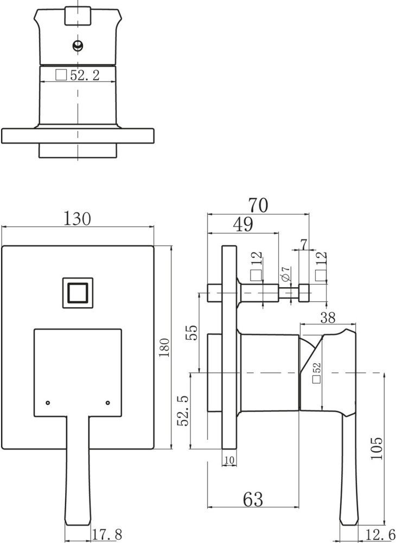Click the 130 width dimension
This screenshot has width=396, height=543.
78,219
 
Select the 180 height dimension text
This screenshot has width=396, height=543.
165,348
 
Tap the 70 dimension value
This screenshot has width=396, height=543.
259,205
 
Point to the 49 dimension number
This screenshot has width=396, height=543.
243,224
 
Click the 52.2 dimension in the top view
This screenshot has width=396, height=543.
85,75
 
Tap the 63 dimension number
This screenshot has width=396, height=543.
253,497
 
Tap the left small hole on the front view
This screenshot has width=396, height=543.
48,402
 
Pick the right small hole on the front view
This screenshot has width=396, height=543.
108,402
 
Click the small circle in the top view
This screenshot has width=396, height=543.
79,45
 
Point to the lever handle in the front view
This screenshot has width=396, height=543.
77,467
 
